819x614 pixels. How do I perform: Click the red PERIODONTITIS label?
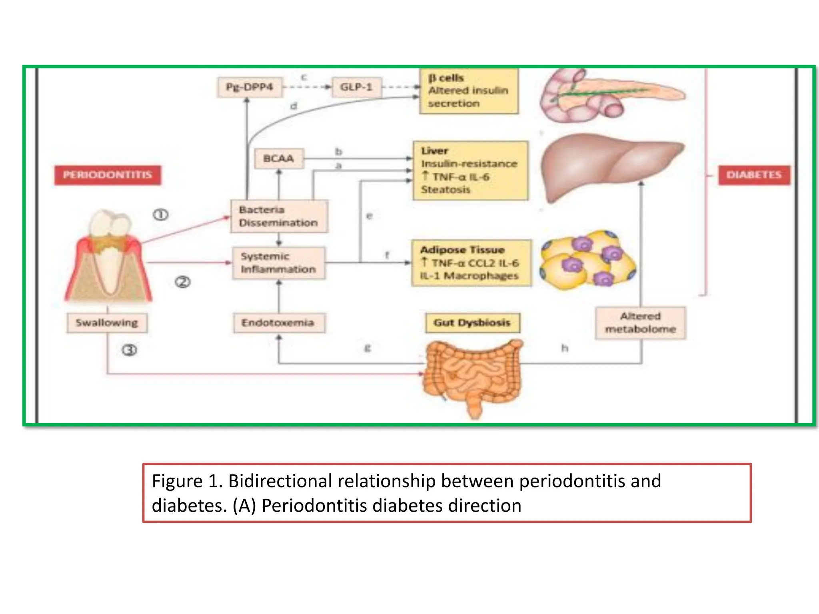(108, 175)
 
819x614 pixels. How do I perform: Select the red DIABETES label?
(754, 175)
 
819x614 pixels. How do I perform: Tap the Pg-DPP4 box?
(250, 87)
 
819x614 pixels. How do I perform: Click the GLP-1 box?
(356, 87)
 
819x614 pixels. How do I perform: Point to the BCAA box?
(279, 159)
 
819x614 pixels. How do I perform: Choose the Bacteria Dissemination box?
(279, 216)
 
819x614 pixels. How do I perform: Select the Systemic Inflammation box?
(278, 263)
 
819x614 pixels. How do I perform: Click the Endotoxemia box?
(278, 323)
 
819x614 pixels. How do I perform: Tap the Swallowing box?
(107, 323)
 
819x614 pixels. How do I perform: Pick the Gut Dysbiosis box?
(472, 323)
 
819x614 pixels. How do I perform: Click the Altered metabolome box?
(640, 323)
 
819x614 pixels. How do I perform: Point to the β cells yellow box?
(469, 91)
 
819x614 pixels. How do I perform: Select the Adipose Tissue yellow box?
(471, 263)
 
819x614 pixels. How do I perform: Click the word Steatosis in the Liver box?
(445, 190)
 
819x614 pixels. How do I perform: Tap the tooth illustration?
(108, 256)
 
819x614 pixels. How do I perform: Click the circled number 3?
(129, 351)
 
